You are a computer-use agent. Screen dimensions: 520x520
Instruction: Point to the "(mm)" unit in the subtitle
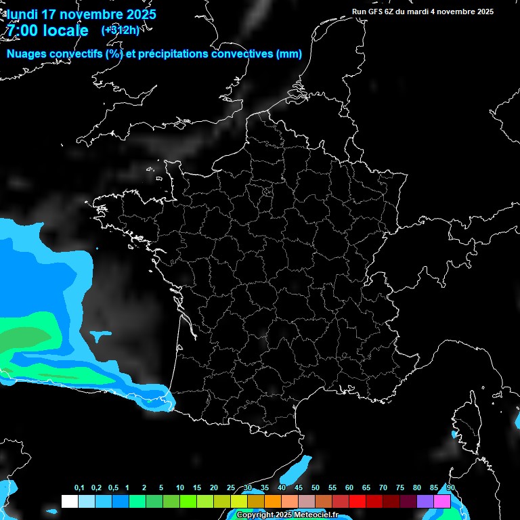tap(289, 54)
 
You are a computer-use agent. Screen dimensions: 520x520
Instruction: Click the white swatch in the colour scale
tap(69, 502)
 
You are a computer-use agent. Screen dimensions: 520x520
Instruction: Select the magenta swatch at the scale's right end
tap(442, 502)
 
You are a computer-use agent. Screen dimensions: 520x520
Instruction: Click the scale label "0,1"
tap(79, 488)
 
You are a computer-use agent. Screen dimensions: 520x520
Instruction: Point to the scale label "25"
tap(231, 488)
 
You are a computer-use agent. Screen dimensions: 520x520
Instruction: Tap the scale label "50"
tap(316, 488)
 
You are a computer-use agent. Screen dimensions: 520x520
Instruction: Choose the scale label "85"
tap(434, 488)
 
